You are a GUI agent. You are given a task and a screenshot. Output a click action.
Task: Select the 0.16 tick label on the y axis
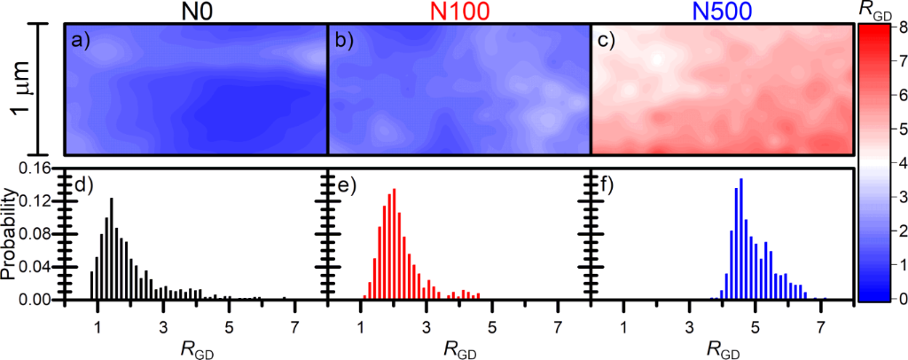click(41, 168)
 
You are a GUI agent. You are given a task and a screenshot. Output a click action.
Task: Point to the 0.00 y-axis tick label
click(41, 301)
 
